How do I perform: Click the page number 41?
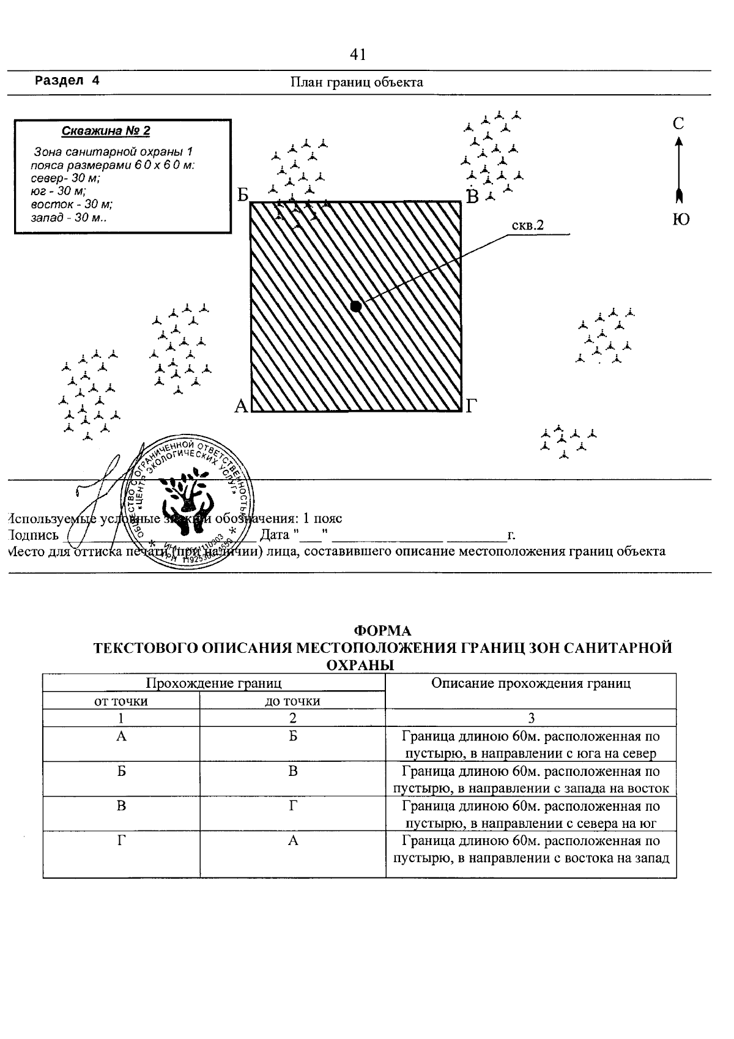pos(358,55)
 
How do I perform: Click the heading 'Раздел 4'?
pos(67,81)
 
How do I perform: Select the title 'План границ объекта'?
pos(357,82)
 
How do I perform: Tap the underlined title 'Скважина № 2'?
pos(106,131)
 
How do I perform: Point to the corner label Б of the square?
pos(243,196)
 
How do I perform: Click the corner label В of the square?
pos(473,197)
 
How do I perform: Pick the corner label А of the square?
pos(241,406)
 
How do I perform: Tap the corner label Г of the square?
pos(471,406)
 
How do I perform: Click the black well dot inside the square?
pos(356,307)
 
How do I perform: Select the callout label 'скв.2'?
pos(527,226)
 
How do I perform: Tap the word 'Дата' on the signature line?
pos(275,535)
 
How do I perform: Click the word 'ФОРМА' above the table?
pos(383,631)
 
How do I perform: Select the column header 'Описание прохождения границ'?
pos(530,683)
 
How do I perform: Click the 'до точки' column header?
pos(292,701)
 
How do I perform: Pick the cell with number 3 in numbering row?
pos(531,718)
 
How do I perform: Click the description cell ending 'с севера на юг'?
pos(530,814)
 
